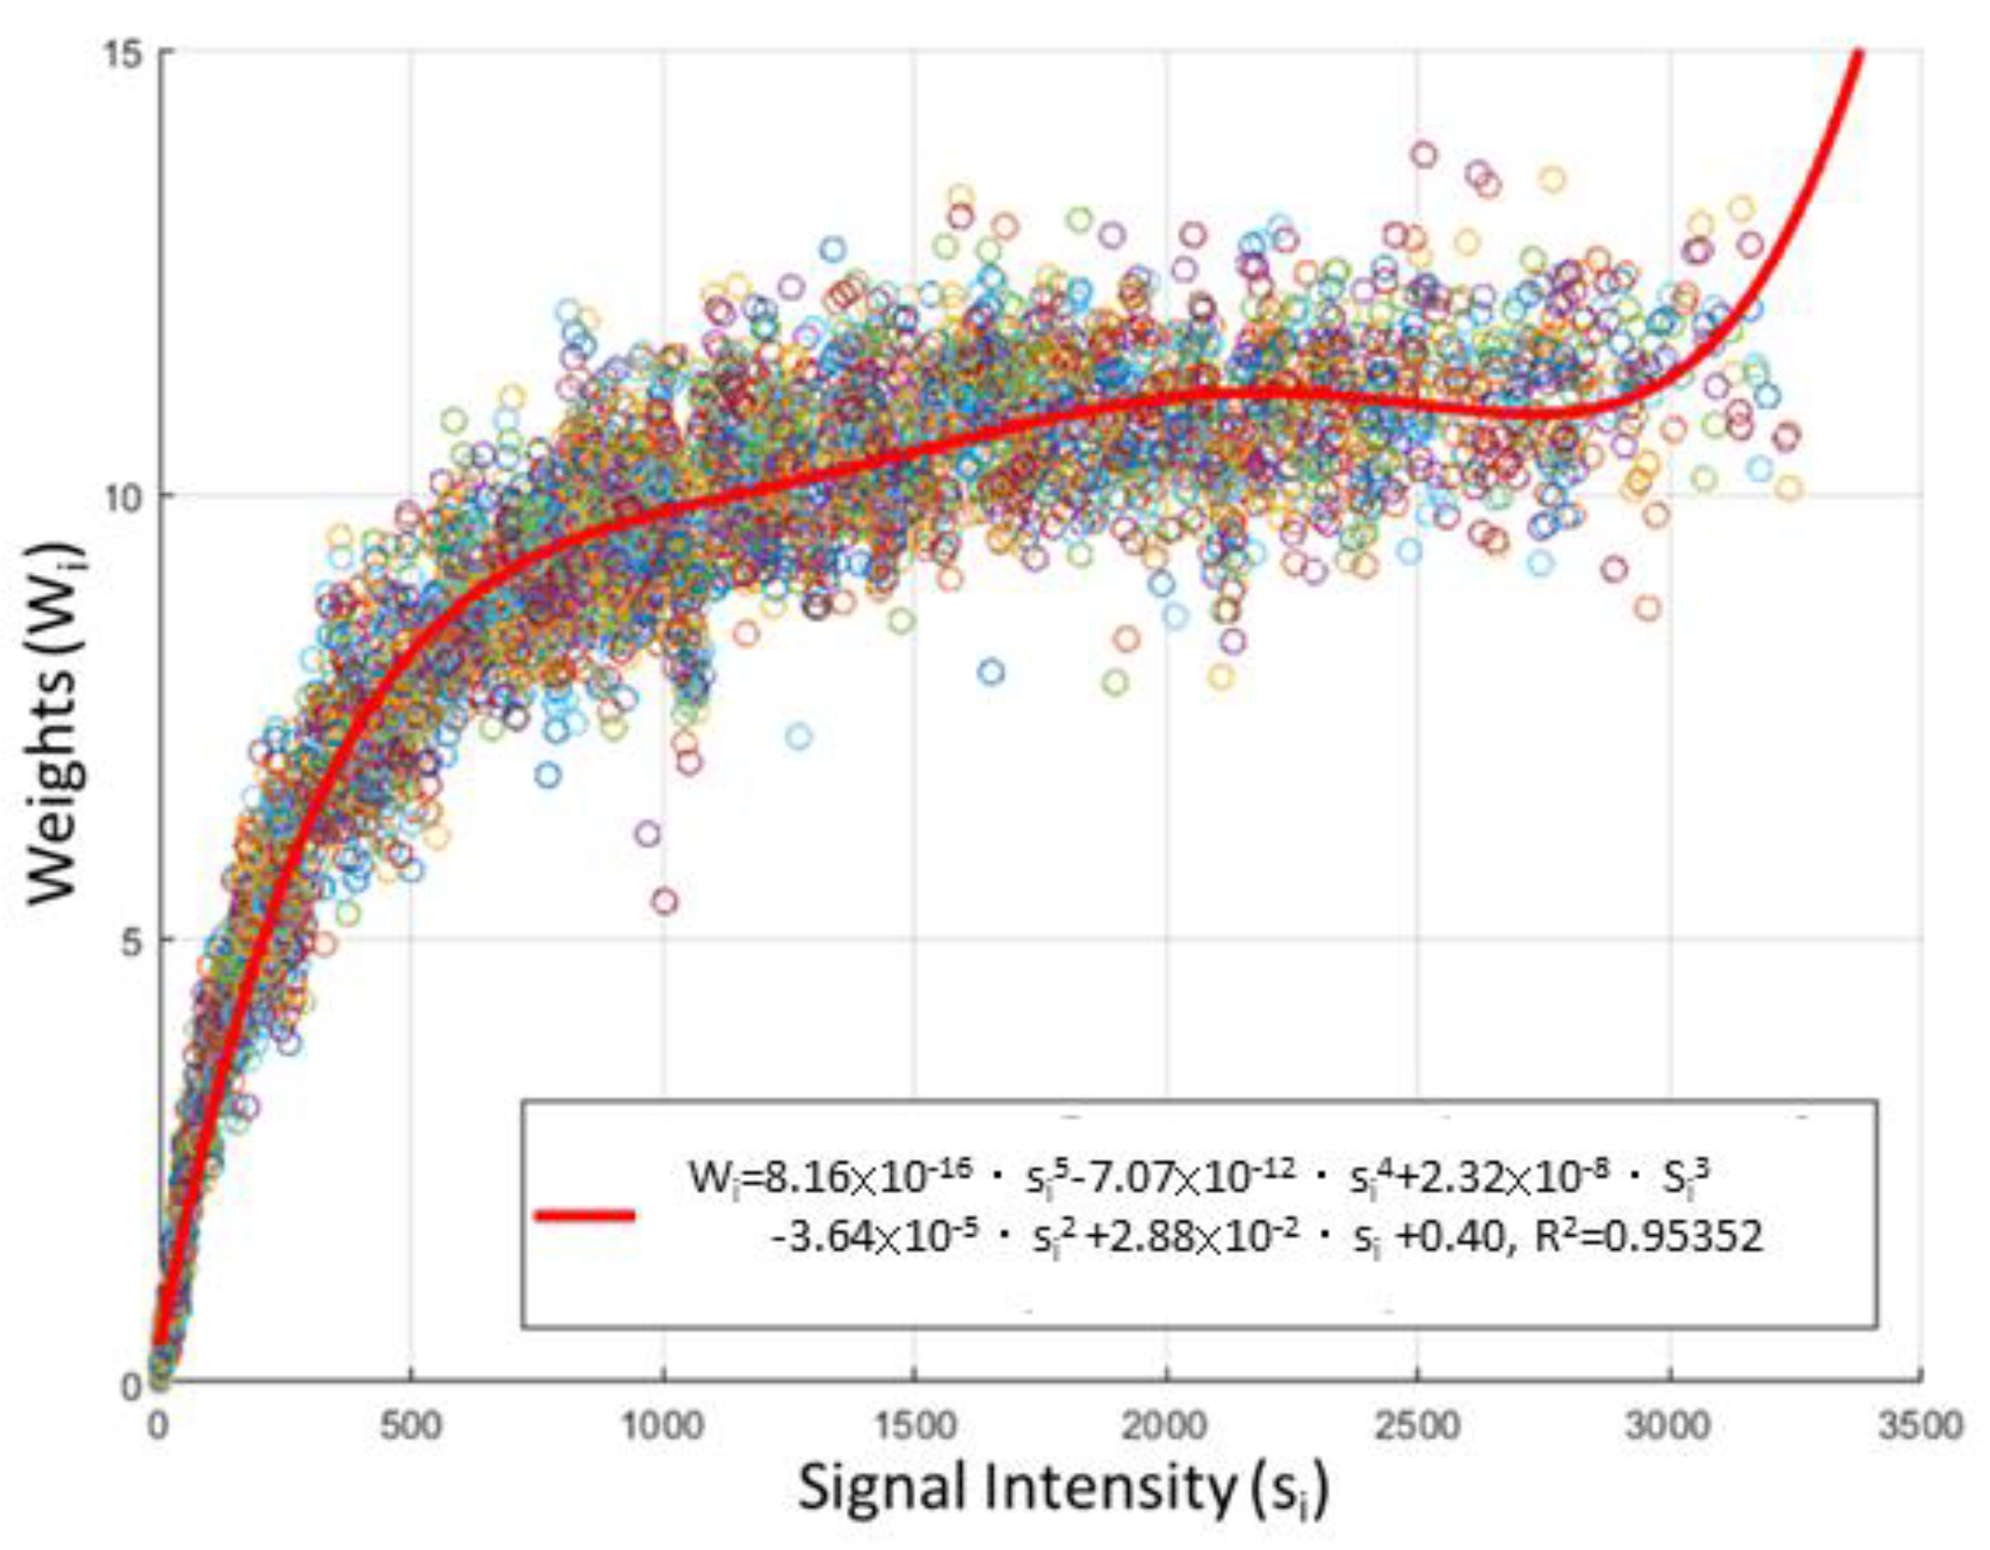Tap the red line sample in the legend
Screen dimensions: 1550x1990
click(x=585, y=1215)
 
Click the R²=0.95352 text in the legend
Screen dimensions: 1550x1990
click(x=1648, y=1237)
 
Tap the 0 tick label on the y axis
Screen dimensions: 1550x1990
click(x=134, y=1386)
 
